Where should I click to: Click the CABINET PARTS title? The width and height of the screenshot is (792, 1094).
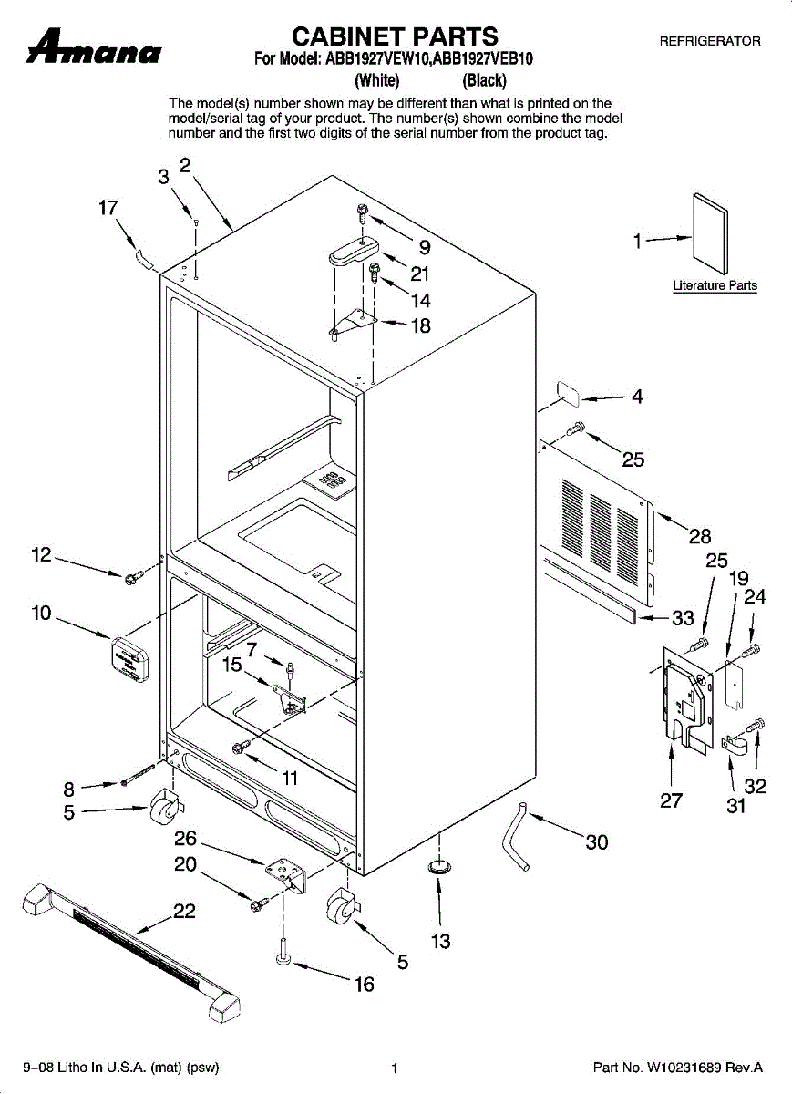[x=395, y=36]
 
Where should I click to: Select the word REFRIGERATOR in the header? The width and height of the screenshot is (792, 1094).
[x=709, y=42]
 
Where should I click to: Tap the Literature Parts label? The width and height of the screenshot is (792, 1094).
[x=715, y=286]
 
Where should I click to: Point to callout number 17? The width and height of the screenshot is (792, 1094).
[x=108, y=209]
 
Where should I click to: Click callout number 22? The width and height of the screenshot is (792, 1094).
[x=185, y=911]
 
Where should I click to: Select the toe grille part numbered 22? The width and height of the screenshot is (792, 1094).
[x=128, y=948]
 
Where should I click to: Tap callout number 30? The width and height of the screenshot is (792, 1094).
[x=596, y=842]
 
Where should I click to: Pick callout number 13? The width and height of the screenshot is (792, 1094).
[x=440, y=941]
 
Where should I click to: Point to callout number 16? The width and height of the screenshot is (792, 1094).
[x=364, y=985]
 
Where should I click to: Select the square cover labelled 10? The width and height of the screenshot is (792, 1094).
[x=130, y=658]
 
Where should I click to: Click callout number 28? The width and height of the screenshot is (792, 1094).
[x=700, y=536]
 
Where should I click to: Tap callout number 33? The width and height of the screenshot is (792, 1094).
[x=683, y=620]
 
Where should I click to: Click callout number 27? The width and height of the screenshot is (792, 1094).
[x=671, y=801]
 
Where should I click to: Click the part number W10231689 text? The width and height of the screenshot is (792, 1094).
[x=677, y=1067]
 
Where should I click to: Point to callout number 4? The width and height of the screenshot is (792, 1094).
[x=637, y=397]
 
